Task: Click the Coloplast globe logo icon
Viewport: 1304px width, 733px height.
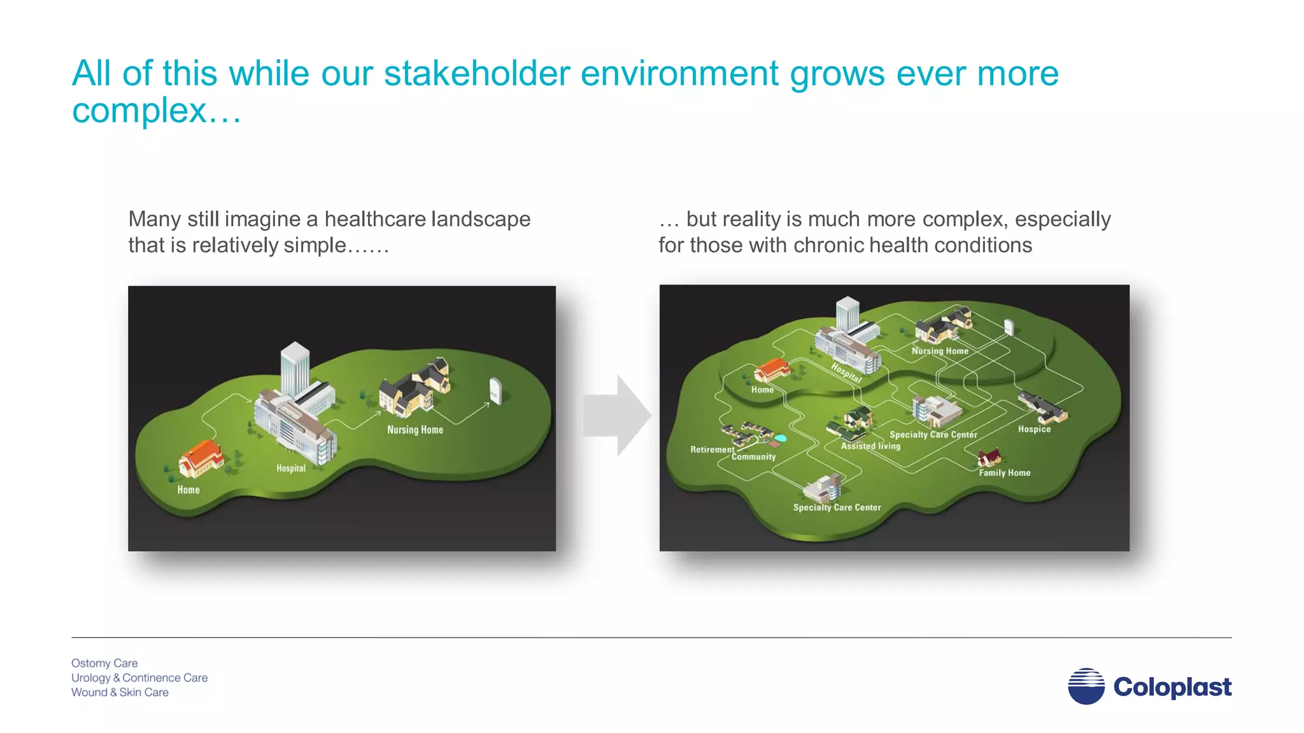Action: coord(1086,686)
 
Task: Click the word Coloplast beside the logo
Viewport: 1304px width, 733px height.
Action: coord(1172,687)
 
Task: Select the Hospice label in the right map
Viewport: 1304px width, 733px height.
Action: coord(1034,429)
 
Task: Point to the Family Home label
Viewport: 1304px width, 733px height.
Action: coord(1004,473)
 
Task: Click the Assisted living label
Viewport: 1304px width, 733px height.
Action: coord(870,446)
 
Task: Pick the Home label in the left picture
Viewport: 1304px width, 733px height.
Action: coord(188,490)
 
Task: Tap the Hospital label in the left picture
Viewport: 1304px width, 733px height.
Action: coord(291,468)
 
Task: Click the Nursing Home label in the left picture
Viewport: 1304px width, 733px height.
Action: coord(415,430)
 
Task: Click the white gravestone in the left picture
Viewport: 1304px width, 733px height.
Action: coord(495,391)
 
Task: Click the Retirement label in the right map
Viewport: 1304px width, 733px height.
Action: coord(712,450)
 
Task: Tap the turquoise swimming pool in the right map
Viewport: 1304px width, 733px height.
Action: coord(780,438)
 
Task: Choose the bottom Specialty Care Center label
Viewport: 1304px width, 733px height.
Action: coord(837,508)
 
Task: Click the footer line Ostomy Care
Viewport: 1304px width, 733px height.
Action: coord(104,663)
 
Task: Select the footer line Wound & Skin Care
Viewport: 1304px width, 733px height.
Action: coord(120,692)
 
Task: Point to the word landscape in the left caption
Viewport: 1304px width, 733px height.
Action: coord(481,220)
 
